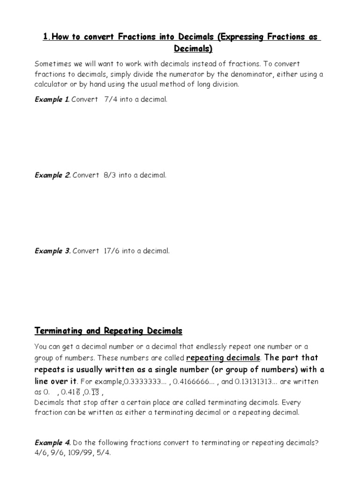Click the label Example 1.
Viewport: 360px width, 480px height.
[x=52, y=99]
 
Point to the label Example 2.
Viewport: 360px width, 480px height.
[x=52, y=175]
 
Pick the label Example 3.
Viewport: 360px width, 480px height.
[x=52, y=251]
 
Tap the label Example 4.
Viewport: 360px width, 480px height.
[x=52, y=442]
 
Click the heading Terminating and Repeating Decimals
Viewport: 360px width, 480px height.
[x=108, y=331]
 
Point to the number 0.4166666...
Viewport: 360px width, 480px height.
[x=192, y=382]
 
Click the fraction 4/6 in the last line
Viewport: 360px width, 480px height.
[x=41, y=454]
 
